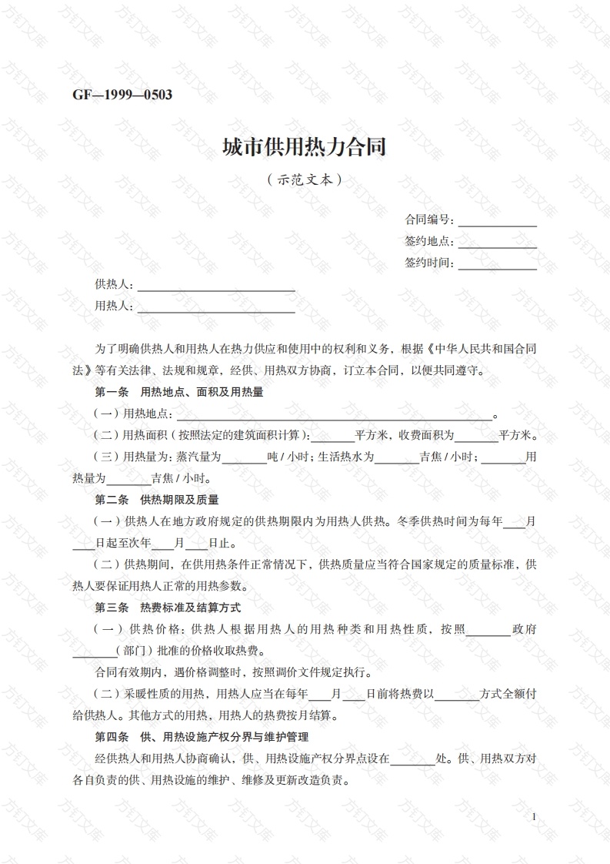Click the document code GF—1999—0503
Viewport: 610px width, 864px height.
tap(122, 95)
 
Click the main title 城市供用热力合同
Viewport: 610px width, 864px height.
tap(304, 146)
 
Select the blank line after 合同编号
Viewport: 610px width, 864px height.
tap(497, 222)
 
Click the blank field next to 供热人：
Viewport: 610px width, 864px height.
tap(215, 286)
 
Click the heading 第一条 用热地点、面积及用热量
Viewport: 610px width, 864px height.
tap(178, 392)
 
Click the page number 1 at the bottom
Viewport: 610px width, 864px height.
tap(534, 816)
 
